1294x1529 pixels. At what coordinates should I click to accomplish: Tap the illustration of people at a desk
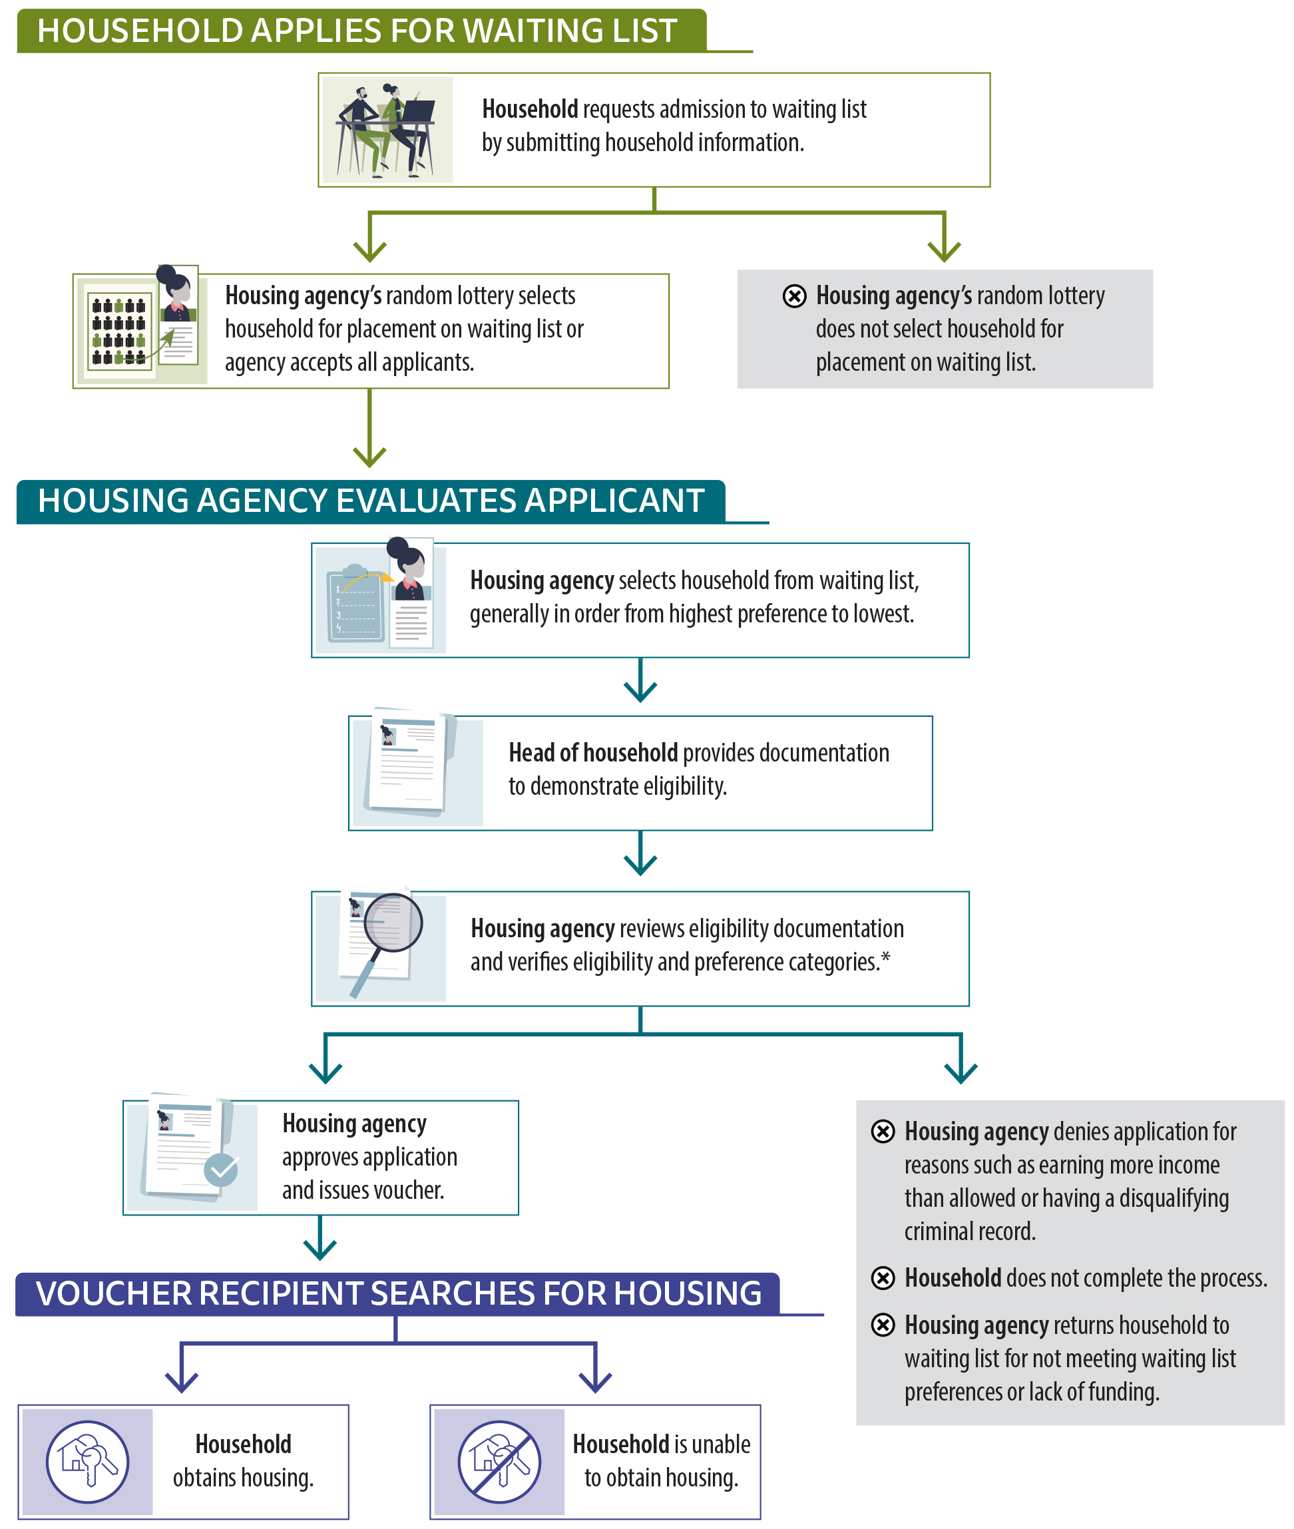click(387, 130)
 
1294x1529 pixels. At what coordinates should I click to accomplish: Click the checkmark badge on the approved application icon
click(221, 1170)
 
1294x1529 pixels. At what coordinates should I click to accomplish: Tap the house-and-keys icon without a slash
click(87, 1462)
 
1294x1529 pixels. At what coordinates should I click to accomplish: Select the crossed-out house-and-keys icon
click(499, 1462)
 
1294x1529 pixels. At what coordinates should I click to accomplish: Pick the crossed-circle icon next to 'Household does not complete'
click(883, 1277)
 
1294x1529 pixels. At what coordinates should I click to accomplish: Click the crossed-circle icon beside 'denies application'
click(883, 1132)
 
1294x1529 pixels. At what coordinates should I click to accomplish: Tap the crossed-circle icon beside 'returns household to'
click(883, 1325)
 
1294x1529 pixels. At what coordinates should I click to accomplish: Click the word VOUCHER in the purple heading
click(113, 1293)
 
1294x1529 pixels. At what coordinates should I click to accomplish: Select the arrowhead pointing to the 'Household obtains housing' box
click(181, 1383)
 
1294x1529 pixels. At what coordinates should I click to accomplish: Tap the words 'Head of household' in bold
click(592, 753)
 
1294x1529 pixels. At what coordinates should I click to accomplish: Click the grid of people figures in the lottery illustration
click(118, 331)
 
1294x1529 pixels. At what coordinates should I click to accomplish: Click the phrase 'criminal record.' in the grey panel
click(969, 1231)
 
